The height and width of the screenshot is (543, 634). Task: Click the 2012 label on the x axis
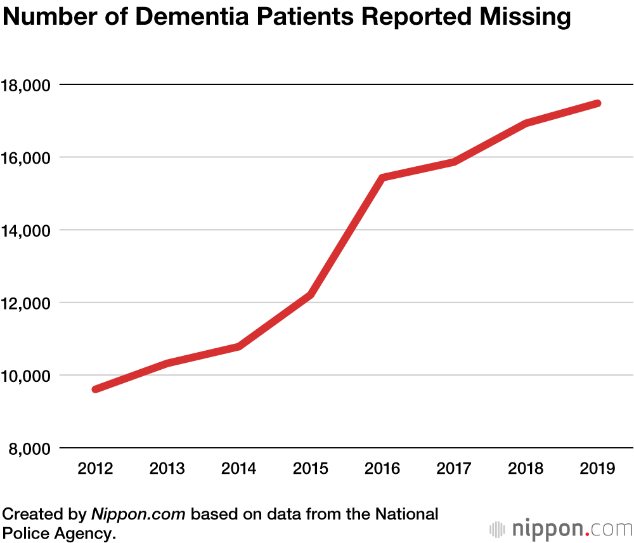pos(95,468)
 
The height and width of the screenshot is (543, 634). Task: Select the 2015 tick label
pos(311,468)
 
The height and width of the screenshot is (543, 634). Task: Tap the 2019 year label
pos(598,468)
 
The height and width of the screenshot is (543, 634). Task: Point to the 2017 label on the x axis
pos(455,468)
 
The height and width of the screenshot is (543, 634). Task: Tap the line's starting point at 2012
pos(96,389)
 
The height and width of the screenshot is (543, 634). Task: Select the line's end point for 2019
pos(597,103)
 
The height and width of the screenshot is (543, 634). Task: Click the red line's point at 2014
pos(239,346)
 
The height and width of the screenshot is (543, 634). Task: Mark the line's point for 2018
pos(526,123)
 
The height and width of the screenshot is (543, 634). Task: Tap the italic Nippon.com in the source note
pos(138,514)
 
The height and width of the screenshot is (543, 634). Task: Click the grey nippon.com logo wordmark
pos(571,528)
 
